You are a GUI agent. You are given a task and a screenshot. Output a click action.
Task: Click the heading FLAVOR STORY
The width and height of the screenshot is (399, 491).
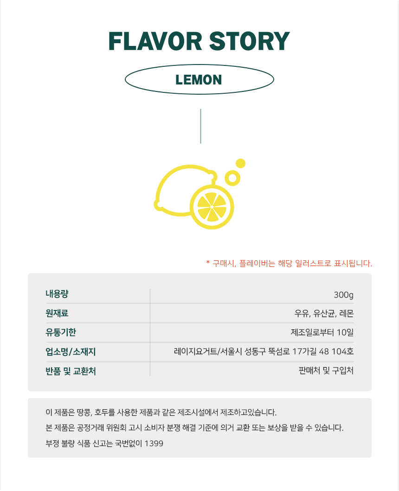[199, 41]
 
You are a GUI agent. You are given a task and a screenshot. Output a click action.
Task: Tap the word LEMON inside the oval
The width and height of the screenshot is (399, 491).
[199, 80]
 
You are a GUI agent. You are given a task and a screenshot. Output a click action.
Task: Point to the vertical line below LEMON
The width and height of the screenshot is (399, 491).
[200, 126]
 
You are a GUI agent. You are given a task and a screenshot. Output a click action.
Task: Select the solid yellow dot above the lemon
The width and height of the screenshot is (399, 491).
[240, 163]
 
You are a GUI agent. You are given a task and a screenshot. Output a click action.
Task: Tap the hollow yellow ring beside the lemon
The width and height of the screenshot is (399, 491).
[232, 178]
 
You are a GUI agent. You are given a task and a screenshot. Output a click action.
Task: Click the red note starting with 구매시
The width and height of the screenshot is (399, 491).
[289, 264]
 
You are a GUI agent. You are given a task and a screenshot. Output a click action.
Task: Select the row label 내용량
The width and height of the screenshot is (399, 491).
[57, 294]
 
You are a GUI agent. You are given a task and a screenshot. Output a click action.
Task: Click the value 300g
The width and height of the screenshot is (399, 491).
[343, 295]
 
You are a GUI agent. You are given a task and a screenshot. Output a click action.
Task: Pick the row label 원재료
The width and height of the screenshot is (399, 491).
[57, 313]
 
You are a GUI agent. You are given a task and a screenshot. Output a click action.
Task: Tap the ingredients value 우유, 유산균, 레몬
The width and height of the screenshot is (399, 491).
[324, 314]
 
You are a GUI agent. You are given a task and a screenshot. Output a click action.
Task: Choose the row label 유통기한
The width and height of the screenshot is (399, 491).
[61, 332]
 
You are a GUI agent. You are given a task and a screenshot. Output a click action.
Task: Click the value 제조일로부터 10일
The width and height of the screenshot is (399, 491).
[322, 333]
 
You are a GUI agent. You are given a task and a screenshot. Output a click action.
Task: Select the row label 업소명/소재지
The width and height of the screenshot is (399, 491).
[71, 352]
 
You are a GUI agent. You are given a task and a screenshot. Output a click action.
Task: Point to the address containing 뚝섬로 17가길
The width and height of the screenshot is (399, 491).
[264, 352]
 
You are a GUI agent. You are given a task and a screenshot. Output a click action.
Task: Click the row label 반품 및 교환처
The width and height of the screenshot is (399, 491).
[71, 371]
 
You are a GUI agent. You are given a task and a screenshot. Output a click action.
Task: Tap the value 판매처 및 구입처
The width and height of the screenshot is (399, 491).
[326, 371]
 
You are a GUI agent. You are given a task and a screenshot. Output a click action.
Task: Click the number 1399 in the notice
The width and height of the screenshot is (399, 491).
[154, 444]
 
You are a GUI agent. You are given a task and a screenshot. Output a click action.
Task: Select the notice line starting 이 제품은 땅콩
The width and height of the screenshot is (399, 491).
[161, 413]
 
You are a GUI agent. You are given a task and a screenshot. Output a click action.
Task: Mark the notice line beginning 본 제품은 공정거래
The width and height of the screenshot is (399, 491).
[194, 428]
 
